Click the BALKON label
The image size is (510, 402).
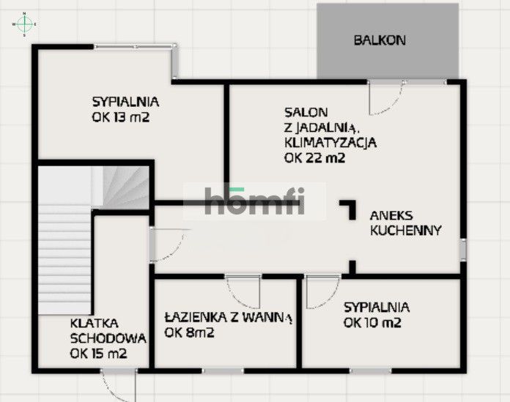[379, 40]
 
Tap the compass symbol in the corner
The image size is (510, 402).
[24, 23]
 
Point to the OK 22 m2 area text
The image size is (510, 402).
[314, 157]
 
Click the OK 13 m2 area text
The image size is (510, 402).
[121, 116]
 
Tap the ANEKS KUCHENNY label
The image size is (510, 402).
[405, 223]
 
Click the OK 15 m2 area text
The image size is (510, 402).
[99, 353]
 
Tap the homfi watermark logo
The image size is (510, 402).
[254, 201]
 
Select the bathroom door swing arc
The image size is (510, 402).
[244, 291]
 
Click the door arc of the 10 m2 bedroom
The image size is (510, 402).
[319, 292]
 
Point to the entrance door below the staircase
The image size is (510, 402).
[118, 383]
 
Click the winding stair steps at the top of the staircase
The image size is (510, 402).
[125, 186]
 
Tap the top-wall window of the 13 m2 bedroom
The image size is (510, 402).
[135, 47]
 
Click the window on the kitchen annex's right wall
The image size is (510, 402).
[462, 248]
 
